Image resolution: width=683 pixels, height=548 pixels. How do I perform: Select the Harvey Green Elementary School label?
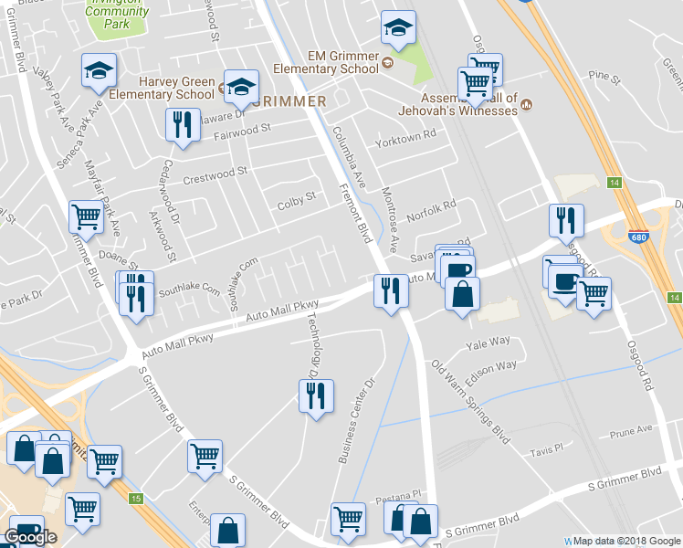(162, 87)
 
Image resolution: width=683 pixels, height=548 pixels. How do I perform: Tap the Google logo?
(30, 537)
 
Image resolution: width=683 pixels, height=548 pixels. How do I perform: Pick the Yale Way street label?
(488, 342)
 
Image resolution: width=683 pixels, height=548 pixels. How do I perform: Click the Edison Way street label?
(493, 365)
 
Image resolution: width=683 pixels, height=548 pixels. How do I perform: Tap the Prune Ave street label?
(633, 428)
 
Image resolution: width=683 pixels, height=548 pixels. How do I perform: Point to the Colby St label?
(296, 197)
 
